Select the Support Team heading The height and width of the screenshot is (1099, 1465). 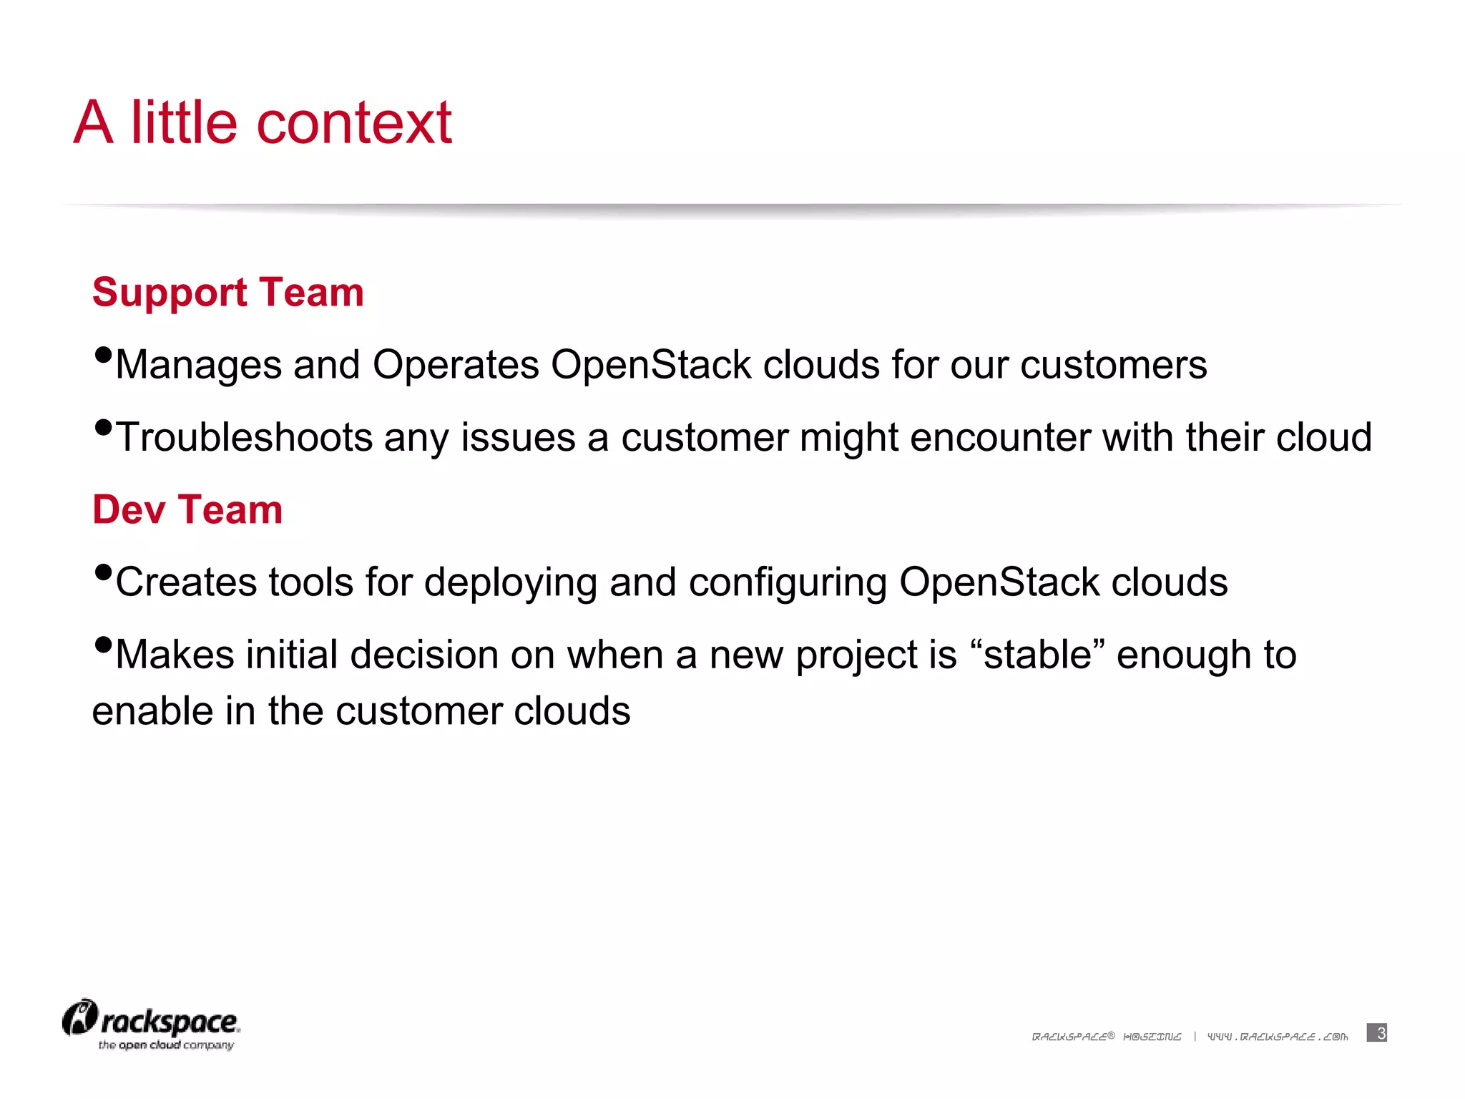click(x=227, y=292)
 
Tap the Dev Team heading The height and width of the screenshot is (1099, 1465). click(x=187, y=509)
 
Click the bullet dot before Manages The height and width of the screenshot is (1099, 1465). click(x=103, y=354)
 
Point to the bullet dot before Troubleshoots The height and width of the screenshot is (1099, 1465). click(x=103, y=427)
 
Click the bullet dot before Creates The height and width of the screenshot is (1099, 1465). click(x=103, y=572)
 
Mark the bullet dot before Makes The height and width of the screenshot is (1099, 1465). click(x=103, y=644)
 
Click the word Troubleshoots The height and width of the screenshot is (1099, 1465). click(x=244, y=437)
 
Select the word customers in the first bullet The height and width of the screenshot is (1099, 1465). click(x=1113, y=365)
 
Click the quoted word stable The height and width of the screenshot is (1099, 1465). click(x=1038, y=655)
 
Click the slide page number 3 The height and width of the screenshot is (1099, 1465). click(x=1377, y=1032)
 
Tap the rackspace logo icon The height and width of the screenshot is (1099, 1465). click(x=79, y=1017)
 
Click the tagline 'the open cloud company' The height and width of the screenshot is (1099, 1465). click(x=166, y=1045)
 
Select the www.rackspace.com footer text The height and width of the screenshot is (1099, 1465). click(x=1278, y=1036)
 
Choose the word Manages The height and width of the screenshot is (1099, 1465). click(x=198, y=365)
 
